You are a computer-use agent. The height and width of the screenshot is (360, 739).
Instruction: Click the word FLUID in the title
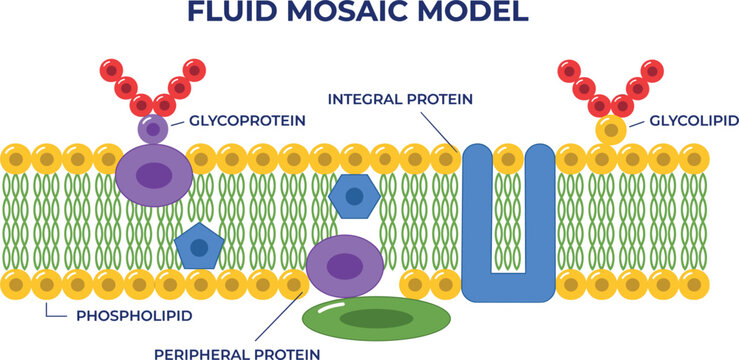pos(232,12)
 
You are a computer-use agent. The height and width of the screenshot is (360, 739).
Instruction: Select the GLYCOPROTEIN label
pos(247,121)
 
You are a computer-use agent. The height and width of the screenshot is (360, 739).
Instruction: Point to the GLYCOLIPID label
pos(694,121)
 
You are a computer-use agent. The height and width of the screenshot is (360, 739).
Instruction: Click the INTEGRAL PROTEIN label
pos(400,99)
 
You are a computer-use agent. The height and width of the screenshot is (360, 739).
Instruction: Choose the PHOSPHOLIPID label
pos(134,316)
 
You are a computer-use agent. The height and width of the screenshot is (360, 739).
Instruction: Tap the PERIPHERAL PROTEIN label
pos(237,353)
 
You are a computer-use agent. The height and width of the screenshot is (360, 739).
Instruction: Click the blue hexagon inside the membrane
pos(354,196)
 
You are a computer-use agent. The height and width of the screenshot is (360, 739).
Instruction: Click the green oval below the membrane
pos(377,319)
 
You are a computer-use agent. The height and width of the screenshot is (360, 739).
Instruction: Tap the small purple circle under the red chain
pos(153,128)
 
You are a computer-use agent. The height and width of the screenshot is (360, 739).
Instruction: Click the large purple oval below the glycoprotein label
pos(154,175)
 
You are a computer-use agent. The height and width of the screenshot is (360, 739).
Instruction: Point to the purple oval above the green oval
pos(345,266)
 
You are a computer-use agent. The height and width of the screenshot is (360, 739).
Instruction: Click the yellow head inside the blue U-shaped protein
pos(508,159)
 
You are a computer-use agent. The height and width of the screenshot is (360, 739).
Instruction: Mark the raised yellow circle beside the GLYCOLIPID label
pos(611,130)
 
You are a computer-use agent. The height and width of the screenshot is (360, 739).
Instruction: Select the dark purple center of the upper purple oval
pos(154,175)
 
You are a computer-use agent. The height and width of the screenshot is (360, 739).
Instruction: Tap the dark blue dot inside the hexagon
pos(354,196)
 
